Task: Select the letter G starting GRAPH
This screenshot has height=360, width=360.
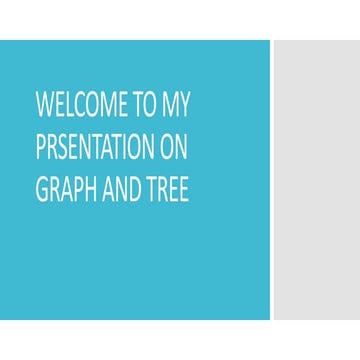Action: pos(41,190)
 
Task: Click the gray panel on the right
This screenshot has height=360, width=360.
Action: pos(317,180)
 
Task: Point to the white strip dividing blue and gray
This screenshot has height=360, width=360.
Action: pos(271,180)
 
